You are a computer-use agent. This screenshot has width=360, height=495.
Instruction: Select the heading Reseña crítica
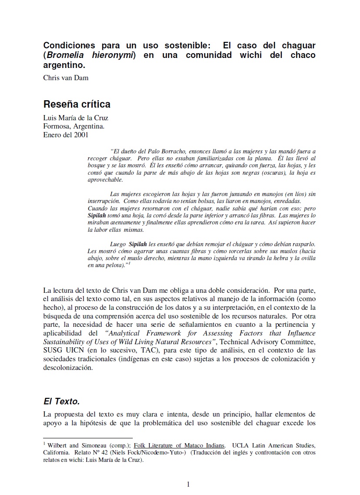tap(77, 105)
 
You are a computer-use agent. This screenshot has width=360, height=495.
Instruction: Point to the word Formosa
tap(56, 126)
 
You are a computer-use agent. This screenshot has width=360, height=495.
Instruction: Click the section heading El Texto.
tap(61, 401)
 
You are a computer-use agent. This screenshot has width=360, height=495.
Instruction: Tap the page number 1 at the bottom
tap(188, 484)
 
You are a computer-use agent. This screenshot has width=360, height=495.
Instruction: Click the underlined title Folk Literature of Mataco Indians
tap(179, 445)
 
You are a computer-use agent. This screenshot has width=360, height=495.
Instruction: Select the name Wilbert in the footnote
tap(57, 445)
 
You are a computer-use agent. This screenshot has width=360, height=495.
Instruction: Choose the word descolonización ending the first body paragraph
tap(68, 367)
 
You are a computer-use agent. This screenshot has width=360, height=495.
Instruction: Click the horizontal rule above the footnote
tap(88, 437)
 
